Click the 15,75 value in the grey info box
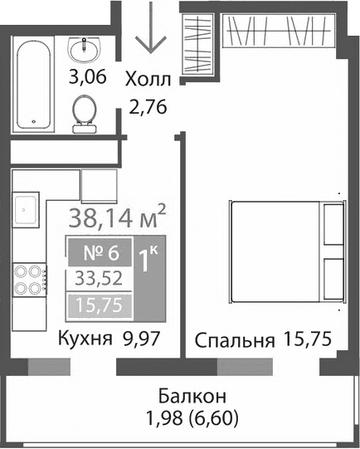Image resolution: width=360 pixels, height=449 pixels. point(98,306)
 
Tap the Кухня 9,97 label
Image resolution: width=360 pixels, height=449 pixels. point(108,339)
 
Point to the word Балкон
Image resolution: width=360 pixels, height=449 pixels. point(181,395)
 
